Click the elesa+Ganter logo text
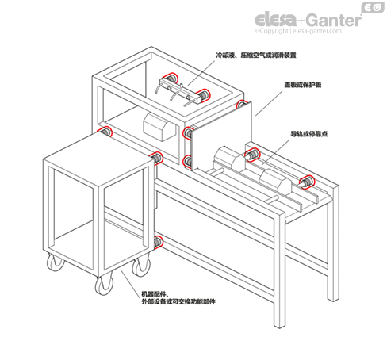[x=308, y=20]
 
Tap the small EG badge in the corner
[x=373, y=8]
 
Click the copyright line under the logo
[x=298, y=31]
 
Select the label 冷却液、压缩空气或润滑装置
[x=256, y=56]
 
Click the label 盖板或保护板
[x=303, y=85]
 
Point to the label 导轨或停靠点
[x=309, y=134]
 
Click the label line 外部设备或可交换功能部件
[x=178, y=301]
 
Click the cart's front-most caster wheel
[x=104, y=286]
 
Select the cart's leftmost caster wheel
[x=56, y=262]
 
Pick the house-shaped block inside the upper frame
[x=159, y=127]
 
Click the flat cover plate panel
[x=221, y=136]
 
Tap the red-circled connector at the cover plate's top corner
[x=242, y=104]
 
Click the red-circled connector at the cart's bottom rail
[x=158, y=242]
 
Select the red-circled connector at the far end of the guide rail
[x=308, y=182]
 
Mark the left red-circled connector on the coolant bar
[x=171, y=79]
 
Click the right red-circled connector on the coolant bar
[x=203, y=94]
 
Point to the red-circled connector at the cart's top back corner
[x=104, y=132]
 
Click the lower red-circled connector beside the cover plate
[x=188, y=161]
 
